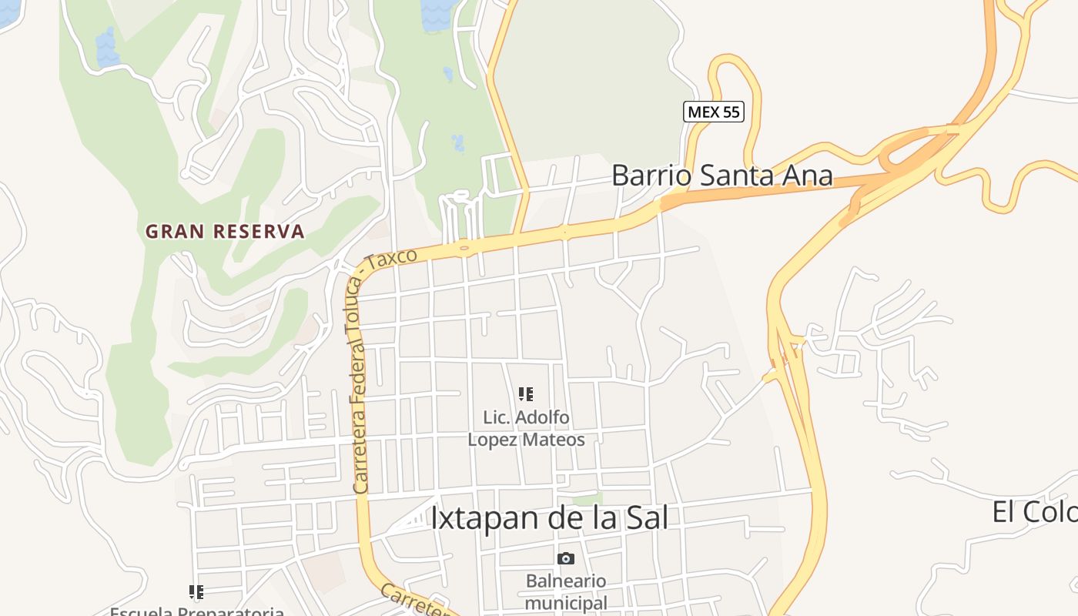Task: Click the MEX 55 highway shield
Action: [x=713, y=112]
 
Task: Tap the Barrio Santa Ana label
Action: [x=721, y=176]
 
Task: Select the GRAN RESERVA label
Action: [x=225, y=231]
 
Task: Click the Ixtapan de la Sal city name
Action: [x=548, y=518]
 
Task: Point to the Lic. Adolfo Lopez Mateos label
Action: [x=527, y=429]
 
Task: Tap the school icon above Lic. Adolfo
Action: [x=526, y=395]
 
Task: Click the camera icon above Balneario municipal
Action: [x=566, y=558]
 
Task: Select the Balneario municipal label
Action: [x=566, y=592]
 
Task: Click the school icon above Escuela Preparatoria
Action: [x=196, y=592]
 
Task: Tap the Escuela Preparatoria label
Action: [x=197, y=611]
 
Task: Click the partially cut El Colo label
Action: [x=1034, y=512]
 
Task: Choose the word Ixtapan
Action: [x=476, y=518]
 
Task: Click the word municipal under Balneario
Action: [x=566, y=602]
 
